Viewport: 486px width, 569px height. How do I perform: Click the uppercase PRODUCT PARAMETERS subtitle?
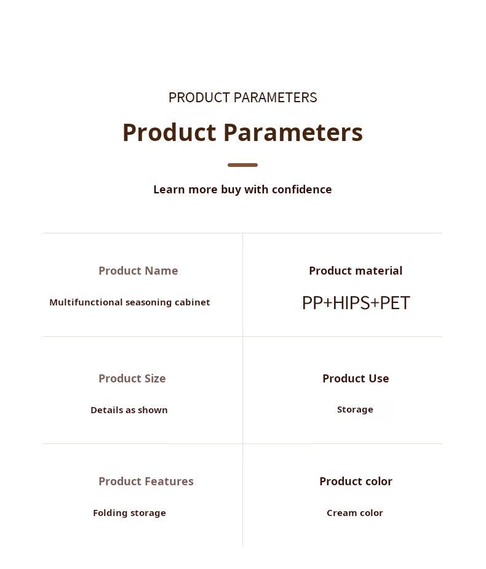243,98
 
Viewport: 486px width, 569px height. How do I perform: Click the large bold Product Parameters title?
243,132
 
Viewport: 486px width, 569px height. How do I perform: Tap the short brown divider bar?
243,165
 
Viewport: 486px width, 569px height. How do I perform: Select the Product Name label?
138,271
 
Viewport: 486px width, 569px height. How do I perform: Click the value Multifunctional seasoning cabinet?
130,302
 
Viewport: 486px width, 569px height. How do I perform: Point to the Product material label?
356,271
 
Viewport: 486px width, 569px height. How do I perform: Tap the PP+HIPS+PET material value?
356,303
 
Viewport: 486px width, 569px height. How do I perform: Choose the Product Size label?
132,379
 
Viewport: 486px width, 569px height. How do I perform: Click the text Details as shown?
129,410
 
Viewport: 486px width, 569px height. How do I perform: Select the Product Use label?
356,379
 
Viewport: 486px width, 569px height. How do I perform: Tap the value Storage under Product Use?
355,410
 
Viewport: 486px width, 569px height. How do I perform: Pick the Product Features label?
146,481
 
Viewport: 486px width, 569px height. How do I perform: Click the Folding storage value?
129,513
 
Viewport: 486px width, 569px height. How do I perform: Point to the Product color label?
356,481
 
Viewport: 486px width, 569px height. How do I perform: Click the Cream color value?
355,513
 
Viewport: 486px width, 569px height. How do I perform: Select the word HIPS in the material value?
351,303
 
